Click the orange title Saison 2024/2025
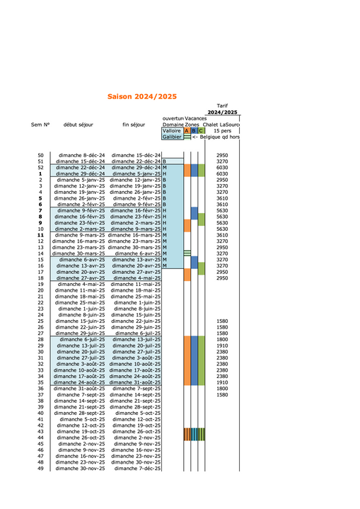pyautogui.click(x=141, y=96)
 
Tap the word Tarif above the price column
pyautogui.click(x=222, y=105)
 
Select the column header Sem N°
pyautogui.click(x=40, y=125)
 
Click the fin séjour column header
pyautogui.click(x=135, y=125)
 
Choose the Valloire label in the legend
pyautogui.click(x=172, y=131)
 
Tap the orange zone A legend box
pyautogui.click(x=187, y=131)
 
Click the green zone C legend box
pyautogui.click(x=201, y=131)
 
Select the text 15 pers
pyautogui.click(x=222, y=131)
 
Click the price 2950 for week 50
pyautogui.click(x=221, y=155)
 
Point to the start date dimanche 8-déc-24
pyautogui.click(x=81, y=155)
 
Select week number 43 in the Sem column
pyautogui.click(x=40, y=431)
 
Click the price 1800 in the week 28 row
pyautogui.click(x=221, y=339)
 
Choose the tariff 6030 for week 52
pyautogui.click(x=221, y=167)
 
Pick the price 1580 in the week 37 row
pyautogui.click(x=221, y=394)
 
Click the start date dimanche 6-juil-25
pyautogui.click(x=83, y=339)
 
